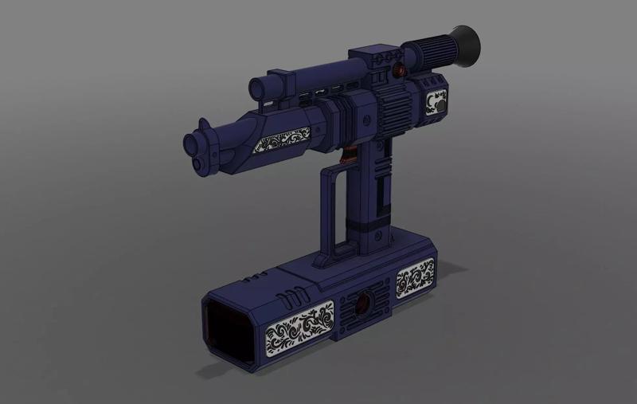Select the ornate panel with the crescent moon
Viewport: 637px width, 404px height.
point(436,104)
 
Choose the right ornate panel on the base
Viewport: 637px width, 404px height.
point(415,278)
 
